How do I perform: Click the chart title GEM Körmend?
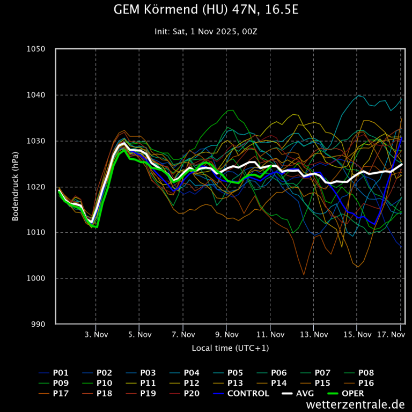(x=205, y=11)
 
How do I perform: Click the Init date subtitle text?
(x=205, y=31)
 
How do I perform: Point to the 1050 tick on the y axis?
(x=36, y=49)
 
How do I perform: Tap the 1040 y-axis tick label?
(x=36, y=95)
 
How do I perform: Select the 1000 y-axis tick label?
(x=36, y=278)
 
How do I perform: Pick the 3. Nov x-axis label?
(x=96, y=334)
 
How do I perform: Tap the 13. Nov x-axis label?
(x=314, y=334)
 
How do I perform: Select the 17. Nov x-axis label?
(x=391, y=334)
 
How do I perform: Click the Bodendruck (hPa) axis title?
(x=16, y=187)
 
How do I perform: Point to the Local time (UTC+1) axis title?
(x=230, y=348)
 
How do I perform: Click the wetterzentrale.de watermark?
(x=355, y=404)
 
